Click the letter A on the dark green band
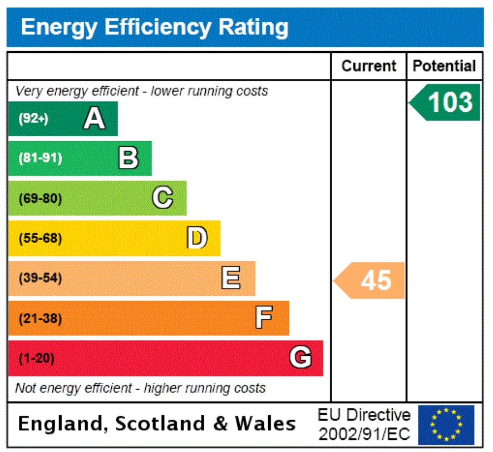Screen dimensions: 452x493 click(94, 118)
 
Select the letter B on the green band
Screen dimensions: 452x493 click(129, 158)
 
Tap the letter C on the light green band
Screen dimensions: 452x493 click(162, 198)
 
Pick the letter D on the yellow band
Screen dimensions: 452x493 click(197, 238)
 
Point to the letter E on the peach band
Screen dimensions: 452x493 click(231, 278)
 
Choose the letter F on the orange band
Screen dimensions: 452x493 click(264, 319)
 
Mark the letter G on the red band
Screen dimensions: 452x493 click(300, 358)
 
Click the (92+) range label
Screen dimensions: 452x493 click(33, 118)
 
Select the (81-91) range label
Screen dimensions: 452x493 click(40, 158)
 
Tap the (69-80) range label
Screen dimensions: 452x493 click(40, 198)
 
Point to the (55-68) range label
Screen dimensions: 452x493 click(40, 239)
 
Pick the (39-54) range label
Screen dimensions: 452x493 click(40, 279)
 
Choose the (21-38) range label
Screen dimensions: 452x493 click(40, 319)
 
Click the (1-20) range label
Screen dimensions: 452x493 click(37, 359)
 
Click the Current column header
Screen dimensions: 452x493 click(369, 66)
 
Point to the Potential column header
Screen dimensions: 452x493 click(444, 66)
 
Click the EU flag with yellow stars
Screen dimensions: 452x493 click(446, 425)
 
